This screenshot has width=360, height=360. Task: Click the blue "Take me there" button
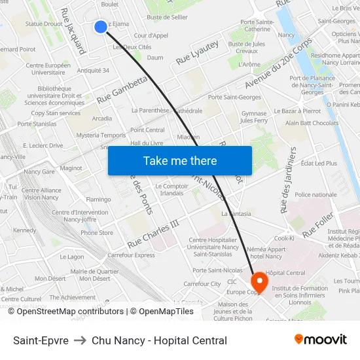[x=180, y=160]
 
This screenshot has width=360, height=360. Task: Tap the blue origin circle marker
[x=100, y=26]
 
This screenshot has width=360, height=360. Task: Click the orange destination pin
[x=259, y=282]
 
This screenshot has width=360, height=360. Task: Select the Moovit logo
[x=320, y=340]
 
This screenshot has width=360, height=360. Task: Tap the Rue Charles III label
[x=153, y=234]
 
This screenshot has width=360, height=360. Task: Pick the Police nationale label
[x=315, y=194]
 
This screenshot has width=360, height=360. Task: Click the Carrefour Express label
[x=131, y=255]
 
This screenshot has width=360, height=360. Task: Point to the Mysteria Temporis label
[x=101, y=135]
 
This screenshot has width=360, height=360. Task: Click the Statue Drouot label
[x=44, y=24]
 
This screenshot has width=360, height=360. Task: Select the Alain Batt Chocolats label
[x=312, y=123]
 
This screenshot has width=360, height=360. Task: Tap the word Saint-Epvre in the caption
[x=41, y=340]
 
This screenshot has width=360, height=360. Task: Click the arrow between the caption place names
[x=80, y=340]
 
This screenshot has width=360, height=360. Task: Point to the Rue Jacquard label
[x=73, y=31]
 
